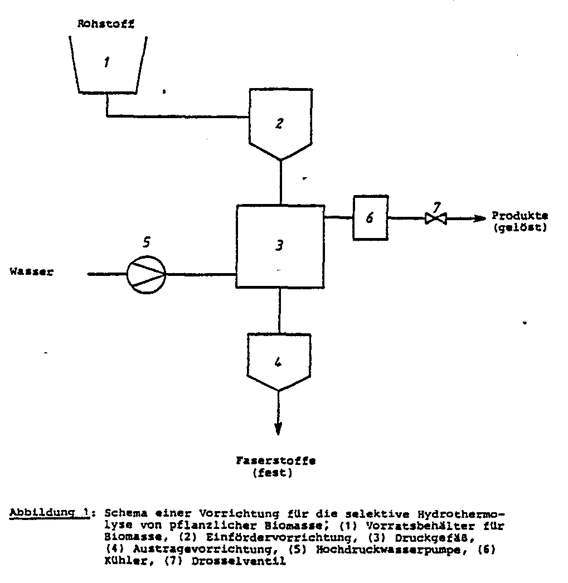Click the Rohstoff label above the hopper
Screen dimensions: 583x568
click(106, 24)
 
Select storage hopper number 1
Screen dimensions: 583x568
click(107, 64)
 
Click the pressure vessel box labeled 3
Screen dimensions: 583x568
click(280, 245)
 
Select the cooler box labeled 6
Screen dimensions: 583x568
click(370, 218)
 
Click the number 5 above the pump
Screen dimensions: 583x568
click(147, 242)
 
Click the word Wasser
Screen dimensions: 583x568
click(31, 273)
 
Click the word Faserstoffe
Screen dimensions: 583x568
click(275, 461)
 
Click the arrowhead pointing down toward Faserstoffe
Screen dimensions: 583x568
click(278, 430)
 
